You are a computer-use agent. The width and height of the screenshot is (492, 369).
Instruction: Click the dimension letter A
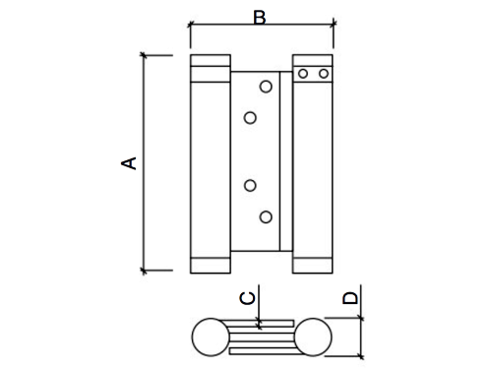pyautogui.click(x=129, y=163)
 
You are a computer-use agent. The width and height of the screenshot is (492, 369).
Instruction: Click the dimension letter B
pyautogui.click(x=260, y=18)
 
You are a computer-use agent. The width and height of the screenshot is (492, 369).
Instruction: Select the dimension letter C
pyautogui.click(x=247, y=298)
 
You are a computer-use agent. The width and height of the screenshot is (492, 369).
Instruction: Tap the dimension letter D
pyautogui.click(x=350, y=298)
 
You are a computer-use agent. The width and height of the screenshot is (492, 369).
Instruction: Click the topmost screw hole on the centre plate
pyautogui.click(x=266, y=87)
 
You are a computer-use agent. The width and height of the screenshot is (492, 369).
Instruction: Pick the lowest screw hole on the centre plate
pyautogui.click(x=266, y=217)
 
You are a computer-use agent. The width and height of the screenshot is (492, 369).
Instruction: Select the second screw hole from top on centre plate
pyautogui.click(x=250, y=118)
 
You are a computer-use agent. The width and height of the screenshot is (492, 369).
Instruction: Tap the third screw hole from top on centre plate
pyautogui.click(x=250, y=186)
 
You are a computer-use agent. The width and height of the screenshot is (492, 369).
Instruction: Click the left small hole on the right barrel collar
pyautogui.click(x=303, y=74)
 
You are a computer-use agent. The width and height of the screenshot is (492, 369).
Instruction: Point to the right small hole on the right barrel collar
pyautogui.click(x=324, y=74)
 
